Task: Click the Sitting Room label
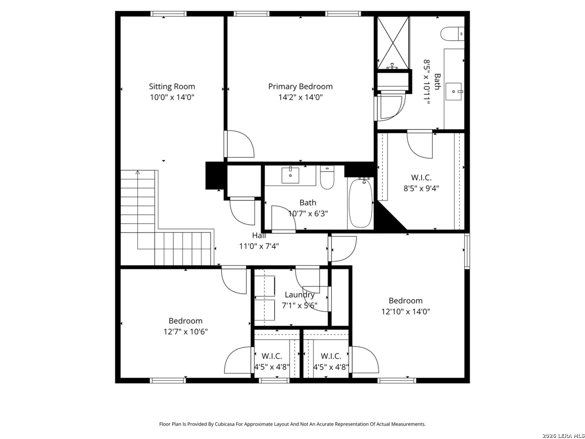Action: pos(171,86)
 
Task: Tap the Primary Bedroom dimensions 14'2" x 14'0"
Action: pos(300,97)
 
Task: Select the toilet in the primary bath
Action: pos(452,34)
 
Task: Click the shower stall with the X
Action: pos(393,43)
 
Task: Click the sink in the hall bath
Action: pos(290,175)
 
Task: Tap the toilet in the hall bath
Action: pos(327,177)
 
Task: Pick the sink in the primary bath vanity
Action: pos(454,91)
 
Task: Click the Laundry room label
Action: pos(299,295)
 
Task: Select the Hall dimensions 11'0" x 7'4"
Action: pos(259,246)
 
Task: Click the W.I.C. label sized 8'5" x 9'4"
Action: pos(421,178)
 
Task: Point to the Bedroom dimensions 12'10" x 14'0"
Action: pos(405,311)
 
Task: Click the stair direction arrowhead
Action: pos(138,172)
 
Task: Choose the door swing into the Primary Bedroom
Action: pos(239,144)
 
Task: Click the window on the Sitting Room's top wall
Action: pos(169,14)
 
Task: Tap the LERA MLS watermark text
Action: pos(563,436)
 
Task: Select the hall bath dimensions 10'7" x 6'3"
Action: pos(308,213)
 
